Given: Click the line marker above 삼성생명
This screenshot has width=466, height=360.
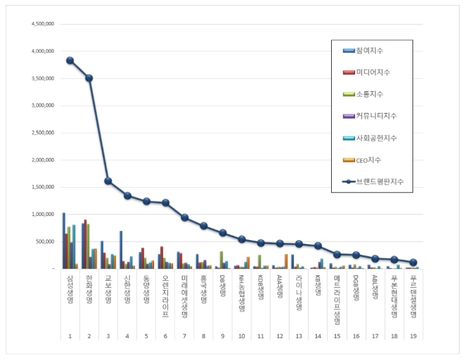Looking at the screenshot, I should click(70, 61).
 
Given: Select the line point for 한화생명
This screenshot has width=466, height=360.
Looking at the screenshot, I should click(89, 78).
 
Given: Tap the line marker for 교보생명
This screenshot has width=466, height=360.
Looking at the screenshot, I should click(108, 181).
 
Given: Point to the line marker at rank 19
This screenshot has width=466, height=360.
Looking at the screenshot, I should click(413, 262).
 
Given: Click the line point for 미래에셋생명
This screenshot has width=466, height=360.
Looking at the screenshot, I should click(184, 217).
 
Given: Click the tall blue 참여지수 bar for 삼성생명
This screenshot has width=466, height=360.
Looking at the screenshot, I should click(64, 240).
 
